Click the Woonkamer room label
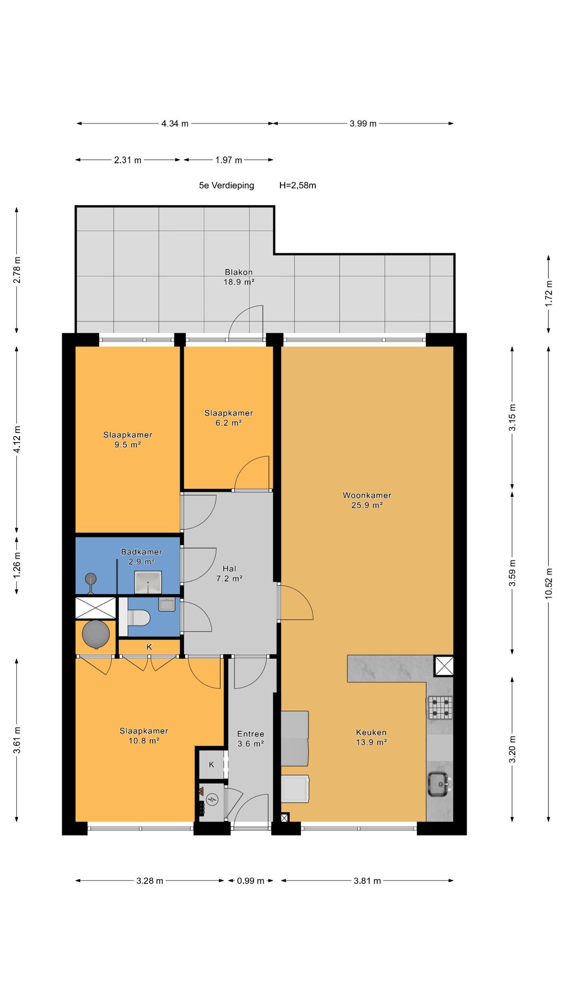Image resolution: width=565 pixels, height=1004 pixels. click(x=367, y=500)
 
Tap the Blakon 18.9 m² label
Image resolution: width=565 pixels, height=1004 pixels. click(x=239, y=277)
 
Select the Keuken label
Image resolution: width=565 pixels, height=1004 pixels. click(x=371, y=737)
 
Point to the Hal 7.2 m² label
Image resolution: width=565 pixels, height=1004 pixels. click(x=230, y=574)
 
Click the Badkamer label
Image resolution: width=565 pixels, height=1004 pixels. click(x=141, y=552)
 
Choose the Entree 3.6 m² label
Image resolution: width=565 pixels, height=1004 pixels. click(x=251, y=739)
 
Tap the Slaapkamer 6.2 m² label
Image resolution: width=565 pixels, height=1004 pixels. click(x=229, y=418)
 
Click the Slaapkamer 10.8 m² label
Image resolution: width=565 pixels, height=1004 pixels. click(x=144, y=736)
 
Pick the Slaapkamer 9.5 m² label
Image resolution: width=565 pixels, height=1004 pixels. click(x=128, y=440)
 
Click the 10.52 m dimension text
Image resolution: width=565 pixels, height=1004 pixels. click(x=549, y=582)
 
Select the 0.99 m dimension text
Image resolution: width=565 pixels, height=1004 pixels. click(x=251, y=881)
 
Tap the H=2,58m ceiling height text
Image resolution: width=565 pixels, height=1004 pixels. click(x=298, y=185)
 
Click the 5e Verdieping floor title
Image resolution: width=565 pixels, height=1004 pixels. click(x=227, y=185)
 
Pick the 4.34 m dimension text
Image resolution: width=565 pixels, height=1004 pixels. click(x=175, y=124)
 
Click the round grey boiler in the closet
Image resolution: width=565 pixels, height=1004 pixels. click(x=95, y=635)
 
